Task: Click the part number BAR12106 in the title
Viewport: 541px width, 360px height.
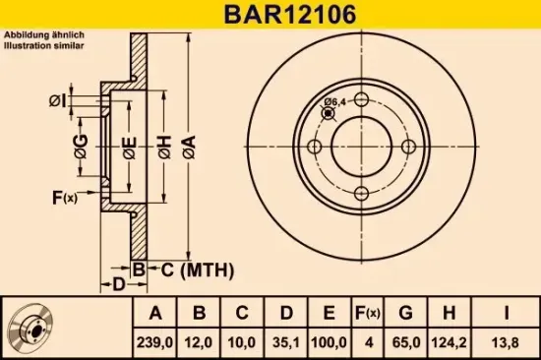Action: [270, 13]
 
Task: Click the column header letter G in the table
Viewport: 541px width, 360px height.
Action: [405, 314]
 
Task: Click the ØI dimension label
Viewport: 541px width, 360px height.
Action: [57, 99]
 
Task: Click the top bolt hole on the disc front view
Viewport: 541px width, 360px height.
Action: [361, 100]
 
